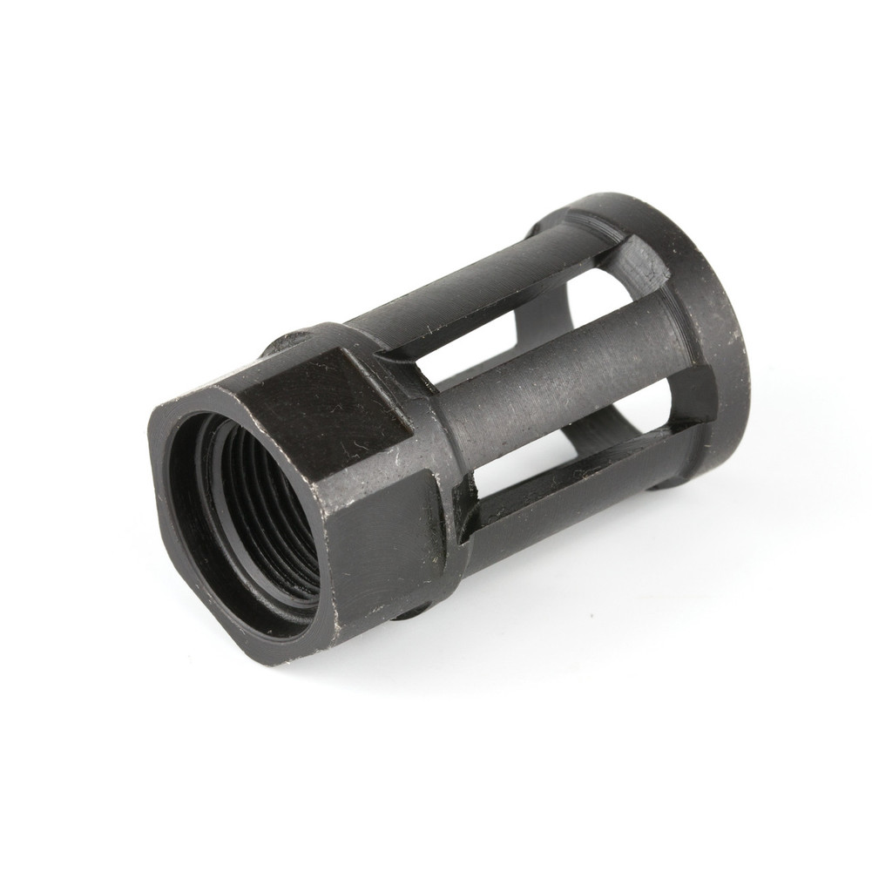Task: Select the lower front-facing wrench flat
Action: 383,540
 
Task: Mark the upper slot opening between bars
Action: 497,348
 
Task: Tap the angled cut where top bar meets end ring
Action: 640,261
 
